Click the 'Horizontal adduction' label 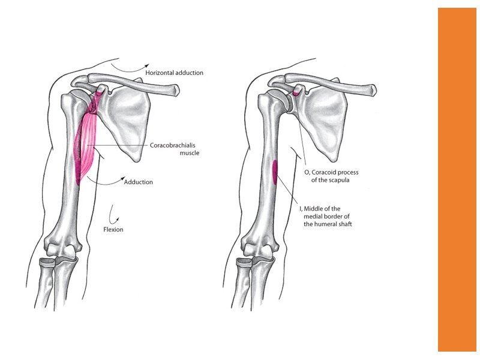pyautogui.click(x=174, y=73)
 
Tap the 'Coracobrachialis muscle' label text pyautogui.click(x=174, y=149)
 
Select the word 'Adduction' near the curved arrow pyautogui.click(x=139, y=182)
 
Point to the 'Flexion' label pyautogui.click(x=113, y=229)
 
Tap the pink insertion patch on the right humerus pyautogui.click(x=275, y=172)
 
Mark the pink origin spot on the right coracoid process pyautogui.click(x=296, y=93)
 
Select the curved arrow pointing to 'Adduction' pyautogui.click(x=108, y=179)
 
